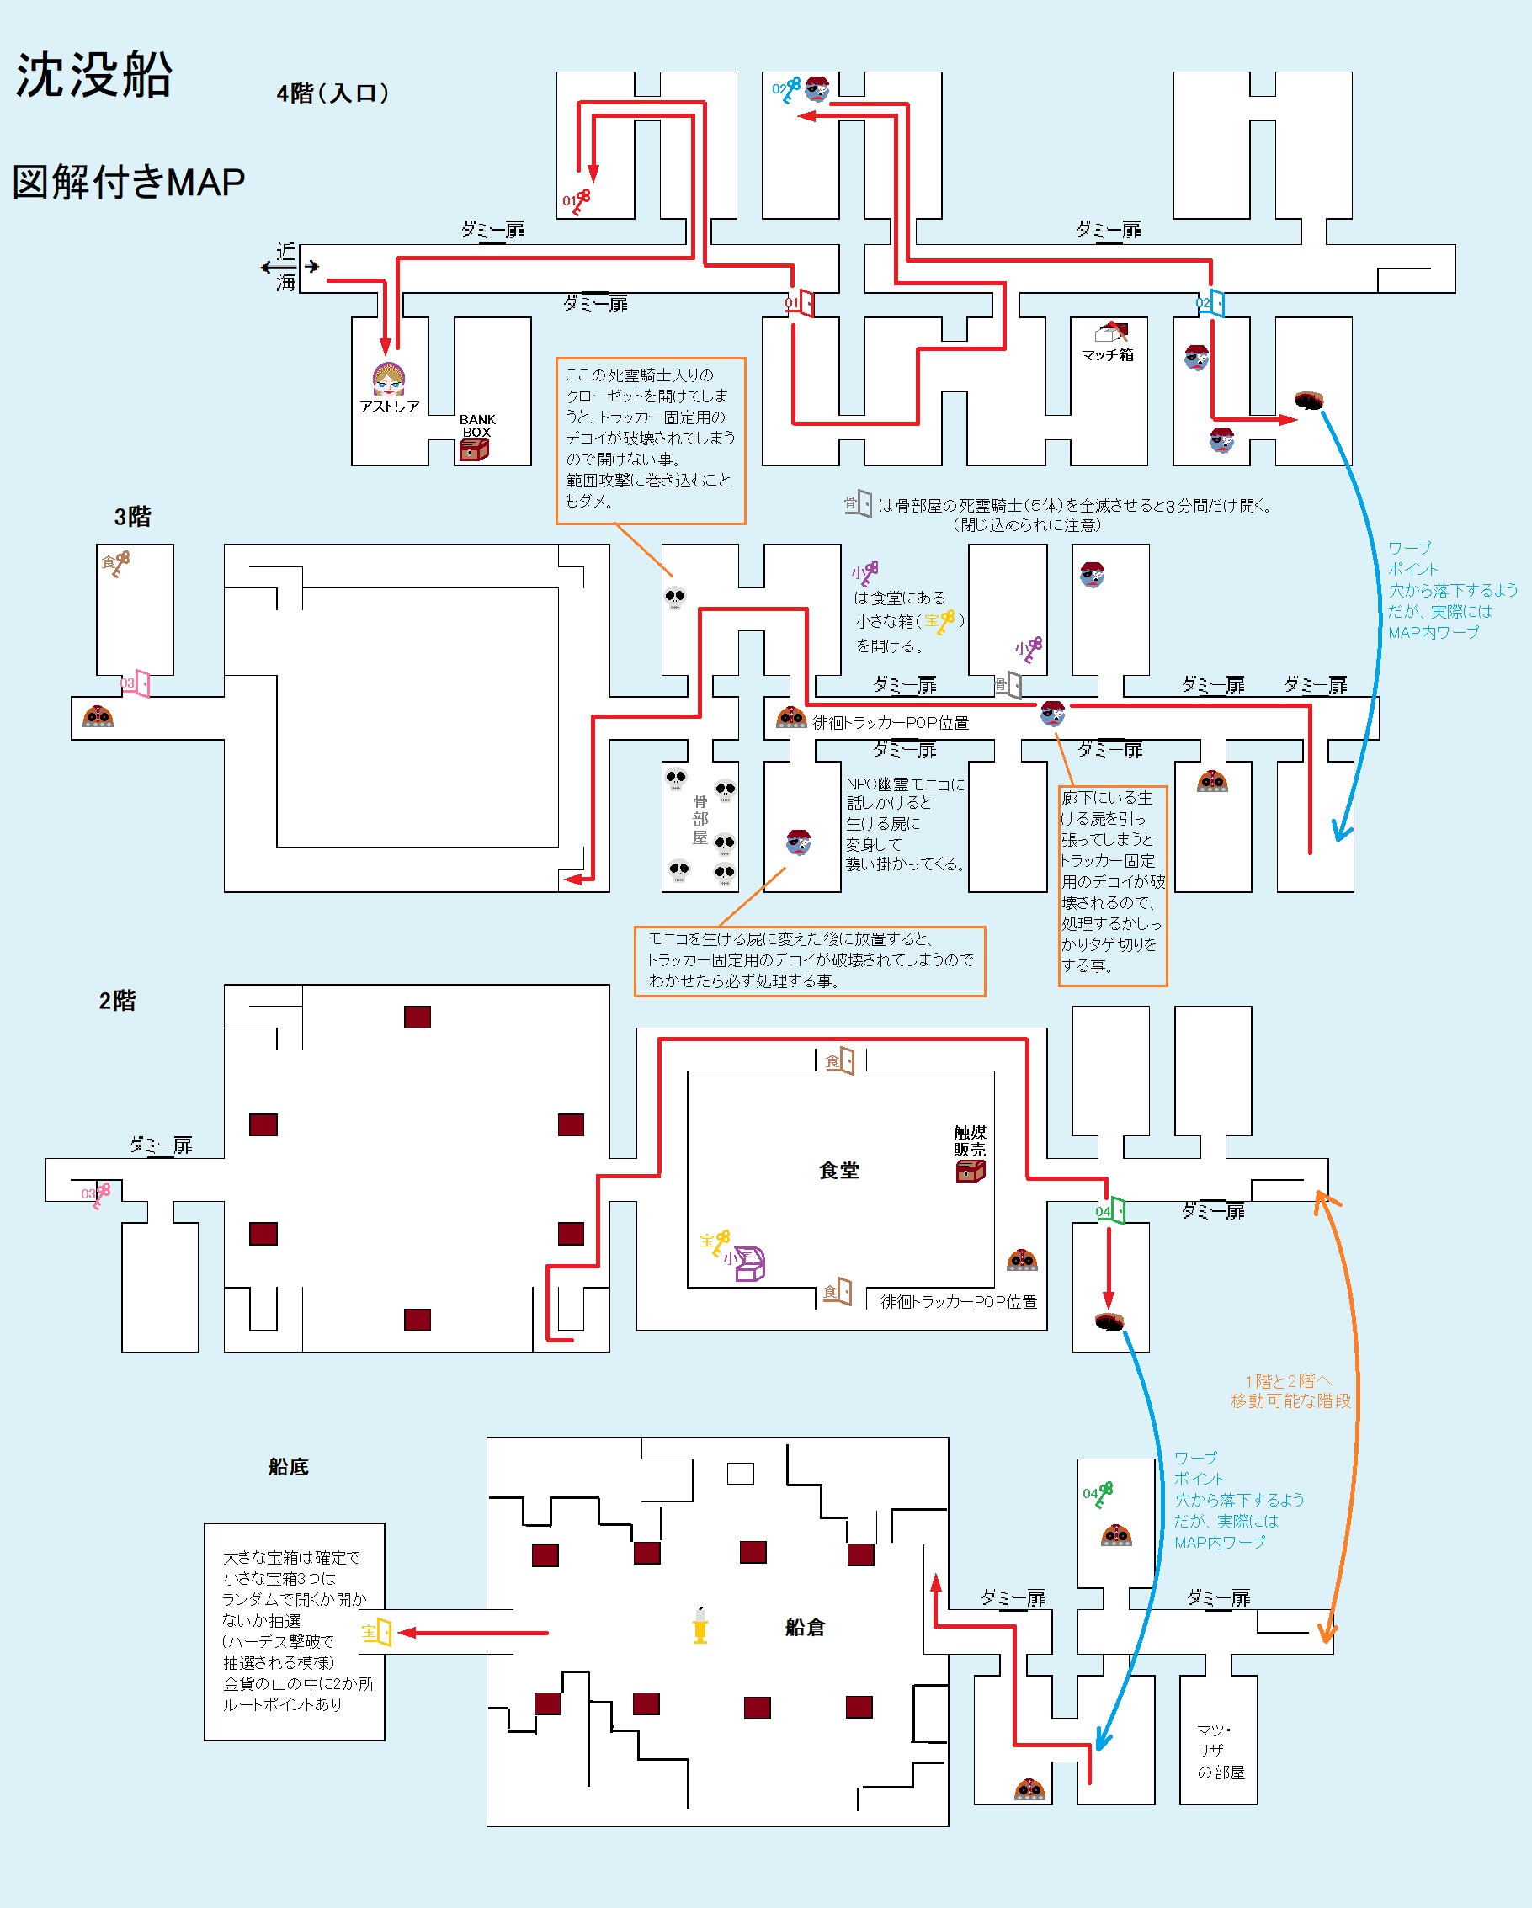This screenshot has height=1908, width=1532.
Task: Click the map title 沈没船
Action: click(x=93, y=76)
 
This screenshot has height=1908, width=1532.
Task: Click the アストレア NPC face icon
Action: click(x=389, y=379)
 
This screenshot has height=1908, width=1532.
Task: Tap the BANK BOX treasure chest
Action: click(x=474, y=450)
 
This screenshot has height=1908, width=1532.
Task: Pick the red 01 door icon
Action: click(x=804, y=303)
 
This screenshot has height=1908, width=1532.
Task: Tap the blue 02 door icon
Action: click(x=1215, y=303)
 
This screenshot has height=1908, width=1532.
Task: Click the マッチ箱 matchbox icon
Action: click(x=1109, y=332)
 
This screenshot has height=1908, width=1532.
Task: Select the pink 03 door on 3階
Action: click(x=139, y=683)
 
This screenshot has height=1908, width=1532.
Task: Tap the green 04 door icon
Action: click(x=1115, y=1209)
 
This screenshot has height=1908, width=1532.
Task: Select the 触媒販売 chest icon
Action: click(x=970, y=1171)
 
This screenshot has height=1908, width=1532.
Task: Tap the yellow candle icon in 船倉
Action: click(x=700, y=1626)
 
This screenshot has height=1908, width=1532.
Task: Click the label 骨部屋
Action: click(x=700, y=820)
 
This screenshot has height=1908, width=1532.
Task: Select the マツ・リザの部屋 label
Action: click(x=1221, y=1751)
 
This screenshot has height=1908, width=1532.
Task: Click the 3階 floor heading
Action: click(x=133, y=517)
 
